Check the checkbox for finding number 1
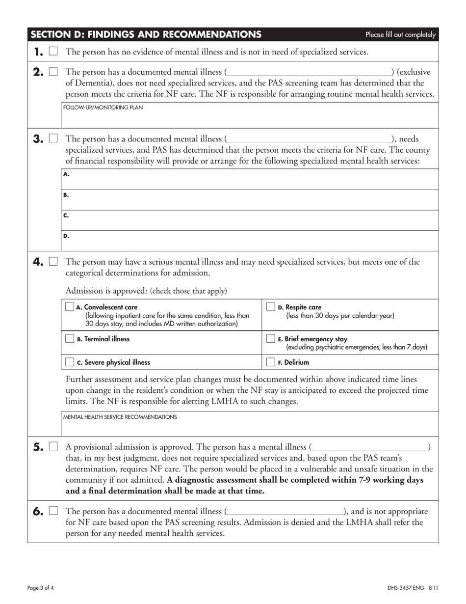tap(53, 52)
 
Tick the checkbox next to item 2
tap(53, 72)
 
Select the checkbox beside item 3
tap(53, 139)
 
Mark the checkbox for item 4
tap(53, 262)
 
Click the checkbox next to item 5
tap(53, 447)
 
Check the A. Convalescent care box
tap(70, 307)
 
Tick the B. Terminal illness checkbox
tap(70, 338)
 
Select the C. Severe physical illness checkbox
tap(70, 362)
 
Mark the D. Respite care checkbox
tap(270, 307)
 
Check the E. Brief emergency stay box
tap(270, 338)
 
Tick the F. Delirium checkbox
tap(270, 362)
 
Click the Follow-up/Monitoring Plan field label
tap(104, 108)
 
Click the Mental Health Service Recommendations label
tap(120, 417)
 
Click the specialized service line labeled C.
tap(250, 220)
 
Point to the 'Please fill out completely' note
tap(400, 34)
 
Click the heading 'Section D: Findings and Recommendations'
tap(146, 34)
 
